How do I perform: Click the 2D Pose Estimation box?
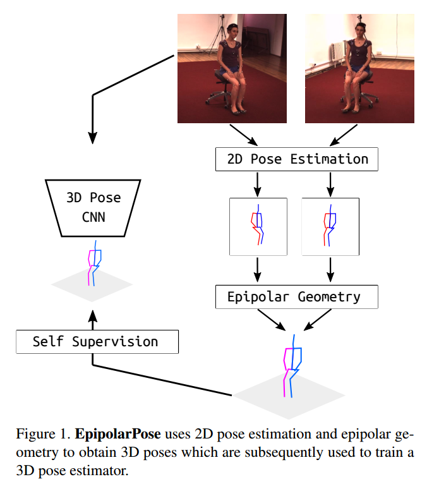[296, 159]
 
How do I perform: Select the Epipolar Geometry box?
[296, 296]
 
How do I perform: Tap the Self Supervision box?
[97, 342]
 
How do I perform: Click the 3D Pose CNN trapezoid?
[93, 207]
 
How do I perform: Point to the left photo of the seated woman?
[232, 68]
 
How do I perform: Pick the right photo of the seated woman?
[359, 68]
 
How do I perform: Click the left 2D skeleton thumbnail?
[258, 226]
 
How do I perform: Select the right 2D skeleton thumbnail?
[330, 226]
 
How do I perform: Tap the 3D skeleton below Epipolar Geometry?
[291, 370]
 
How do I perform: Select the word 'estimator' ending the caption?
[104, 471]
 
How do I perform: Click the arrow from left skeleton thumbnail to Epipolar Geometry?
[258, 269]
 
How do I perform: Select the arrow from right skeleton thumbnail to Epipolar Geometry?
[330, 269]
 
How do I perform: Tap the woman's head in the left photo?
[232, 30]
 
